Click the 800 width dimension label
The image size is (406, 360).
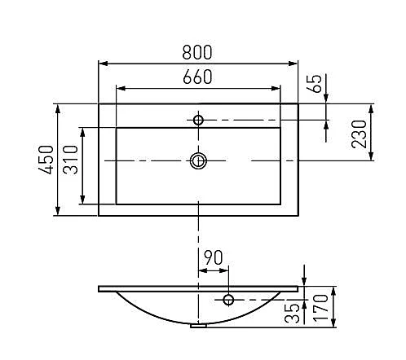[x=197, y=52]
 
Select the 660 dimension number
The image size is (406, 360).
[x=197, y=77]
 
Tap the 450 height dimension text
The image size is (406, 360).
[x=46, y=160]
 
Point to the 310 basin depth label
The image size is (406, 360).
[x=70, y=160]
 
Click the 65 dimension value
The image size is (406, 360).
[x=316, y=84]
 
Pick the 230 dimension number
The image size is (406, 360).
[x=359, y=134]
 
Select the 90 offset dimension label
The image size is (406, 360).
[x=214, y=257]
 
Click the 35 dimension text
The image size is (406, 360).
[x=292, y=313]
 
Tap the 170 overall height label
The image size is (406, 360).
[x=320, y=308]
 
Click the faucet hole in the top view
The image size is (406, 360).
[x=198, y=120]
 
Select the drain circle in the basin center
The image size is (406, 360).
[x=198, y=160]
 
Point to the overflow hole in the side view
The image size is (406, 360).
[x=228, y=300]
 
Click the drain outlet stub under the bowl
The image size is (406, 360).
[x=199, y=326]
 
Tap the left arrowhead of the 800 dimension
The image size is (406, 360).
[x=104, y=64]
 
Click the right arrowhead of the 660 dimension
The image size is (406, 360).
[x=276, y=88]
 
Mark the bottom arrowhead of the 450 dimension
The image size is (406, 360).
[x=58, y=210]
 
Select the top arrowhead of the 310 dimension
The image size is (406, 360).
[x=82, y=133]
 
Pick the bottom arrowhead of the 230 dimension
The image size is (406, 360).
[x=371, y=156]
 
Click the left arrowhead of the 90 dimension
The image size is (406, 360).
[x=204, y=270]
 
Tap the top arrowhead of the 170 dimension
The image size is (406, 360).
[x=334, y=292]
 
